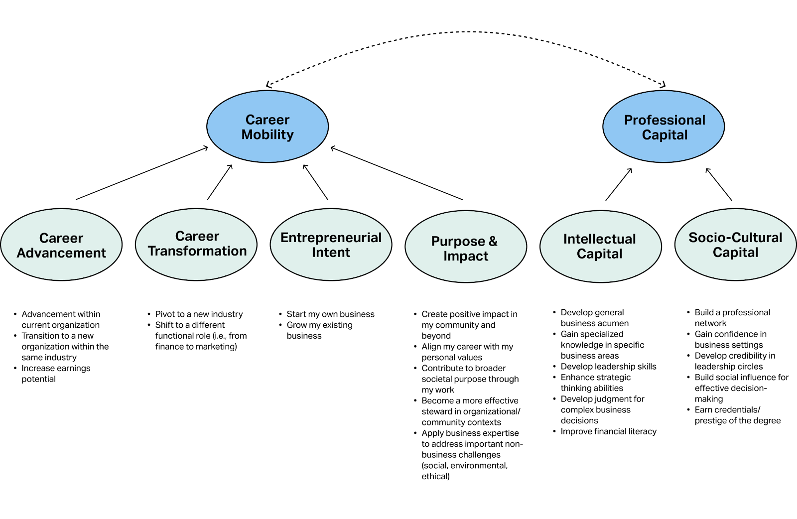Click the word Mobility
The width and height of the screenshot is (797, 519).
tap(267, 134)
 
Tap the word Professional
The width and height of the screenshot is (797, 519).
tap(664, 120)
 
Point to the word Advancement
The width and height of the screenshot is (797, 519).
tap(61, 253)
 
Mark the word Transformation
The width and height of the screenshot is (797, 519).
tap(197, 251)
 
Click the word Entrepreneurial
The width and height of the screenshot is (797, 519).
tap(331, 238)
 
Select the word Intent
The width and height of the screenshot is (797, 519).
tap(331, 253)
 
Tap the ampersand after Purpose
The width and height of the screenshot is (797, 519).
tap(493, 241)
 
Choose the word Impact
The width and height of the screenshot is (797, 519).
tap(466, 256)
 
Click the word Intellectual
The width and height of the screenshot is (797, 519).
tap(599, 239)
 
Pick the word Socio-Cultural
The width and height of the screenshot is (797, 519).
tap(735, 238)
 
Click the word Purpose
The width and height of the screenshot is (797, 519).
tap(458, 242)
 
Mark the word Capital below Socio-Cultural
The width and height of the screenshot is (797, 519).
tap(735, 253)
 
